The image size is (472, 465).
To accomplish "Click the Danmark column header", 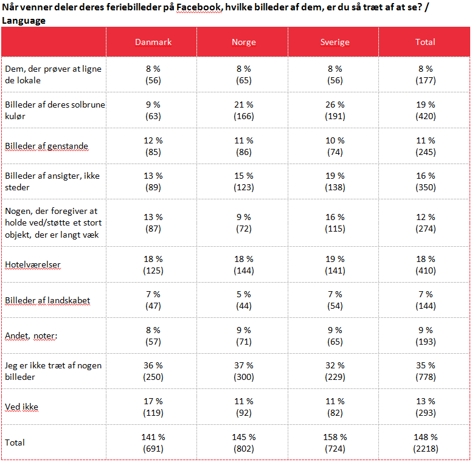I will coord(153,42).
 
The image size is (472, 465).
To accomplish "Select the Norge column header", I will coord(243,42).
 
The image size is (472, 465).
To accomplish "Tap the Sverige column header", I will coord(335,42).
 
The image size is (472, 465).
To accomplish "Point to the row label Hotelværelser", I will coord(33,264).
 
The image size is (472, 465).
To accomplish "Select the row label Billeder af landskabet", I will coord(47,300).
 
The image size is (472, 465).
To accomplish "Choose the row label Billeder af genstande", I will coord(47,146).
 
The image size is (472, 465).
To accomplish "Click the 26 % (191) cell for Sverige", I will coord(335,110).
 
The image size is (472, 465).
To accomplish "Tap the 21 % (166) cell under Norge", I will coord(243,110).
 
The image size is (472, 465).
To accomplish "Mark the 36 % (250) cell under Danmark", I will coord(153,371).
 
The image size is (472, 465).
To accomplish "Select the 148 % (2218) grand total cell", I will coord(425,443).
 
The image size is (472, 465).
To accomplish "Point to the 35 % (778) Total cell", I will coord(425,371).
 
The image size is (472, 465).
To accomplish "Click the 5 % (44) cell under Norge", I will coord(243,300).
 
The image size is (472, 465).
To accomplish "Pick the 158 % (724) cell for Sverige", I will coord(335,443).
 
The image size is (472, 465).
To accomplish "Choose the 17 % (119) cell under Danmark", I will coord(153,407).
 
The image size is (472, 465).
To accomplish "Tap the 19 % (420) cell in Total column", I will coord(425,110).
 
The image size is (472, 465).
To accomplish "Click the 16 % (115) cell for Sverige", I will coord(335,222).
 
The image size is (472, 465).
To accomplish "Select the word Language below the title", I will coord(24,21).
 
